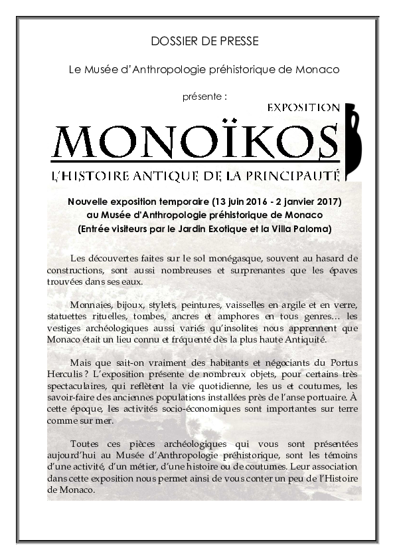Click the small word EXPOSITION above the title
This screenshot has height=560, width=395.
click(303, 107)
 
